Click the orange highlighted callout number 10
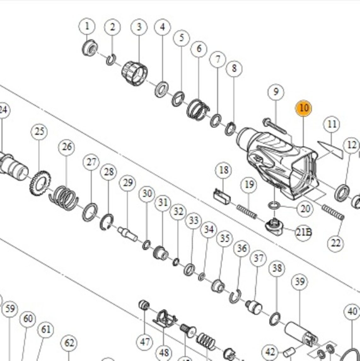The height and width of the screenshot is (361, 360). pos(303,108)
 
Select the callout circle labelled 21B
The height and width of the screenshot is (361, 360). pos(303,232)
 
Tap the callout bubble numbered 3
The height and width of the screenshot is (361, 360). pos(139,27)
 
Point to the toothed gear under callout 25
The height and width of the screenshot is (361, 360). pos(40,182)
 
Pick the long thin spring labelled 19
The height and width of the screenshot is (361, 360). pos(247,211)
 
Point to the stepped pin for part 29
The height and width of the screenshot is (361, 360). pos(127,233)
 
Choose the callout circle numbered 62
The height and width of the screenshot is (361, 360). pos(69,343)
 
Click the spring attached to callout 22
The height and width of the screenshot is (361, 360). pos(333,212)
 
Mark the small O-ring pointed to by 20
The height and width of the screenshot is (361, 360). pos(274,205)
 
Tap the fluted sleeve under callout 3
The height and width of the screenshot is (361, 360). pos(135,73)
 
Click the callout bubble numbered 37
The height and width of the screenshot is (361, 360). pos(258,259)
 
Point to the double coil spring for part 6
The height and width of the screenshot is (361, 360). pos(198,109)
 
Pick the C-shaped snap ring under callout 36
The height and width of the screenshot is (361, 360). pos(235,296)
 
